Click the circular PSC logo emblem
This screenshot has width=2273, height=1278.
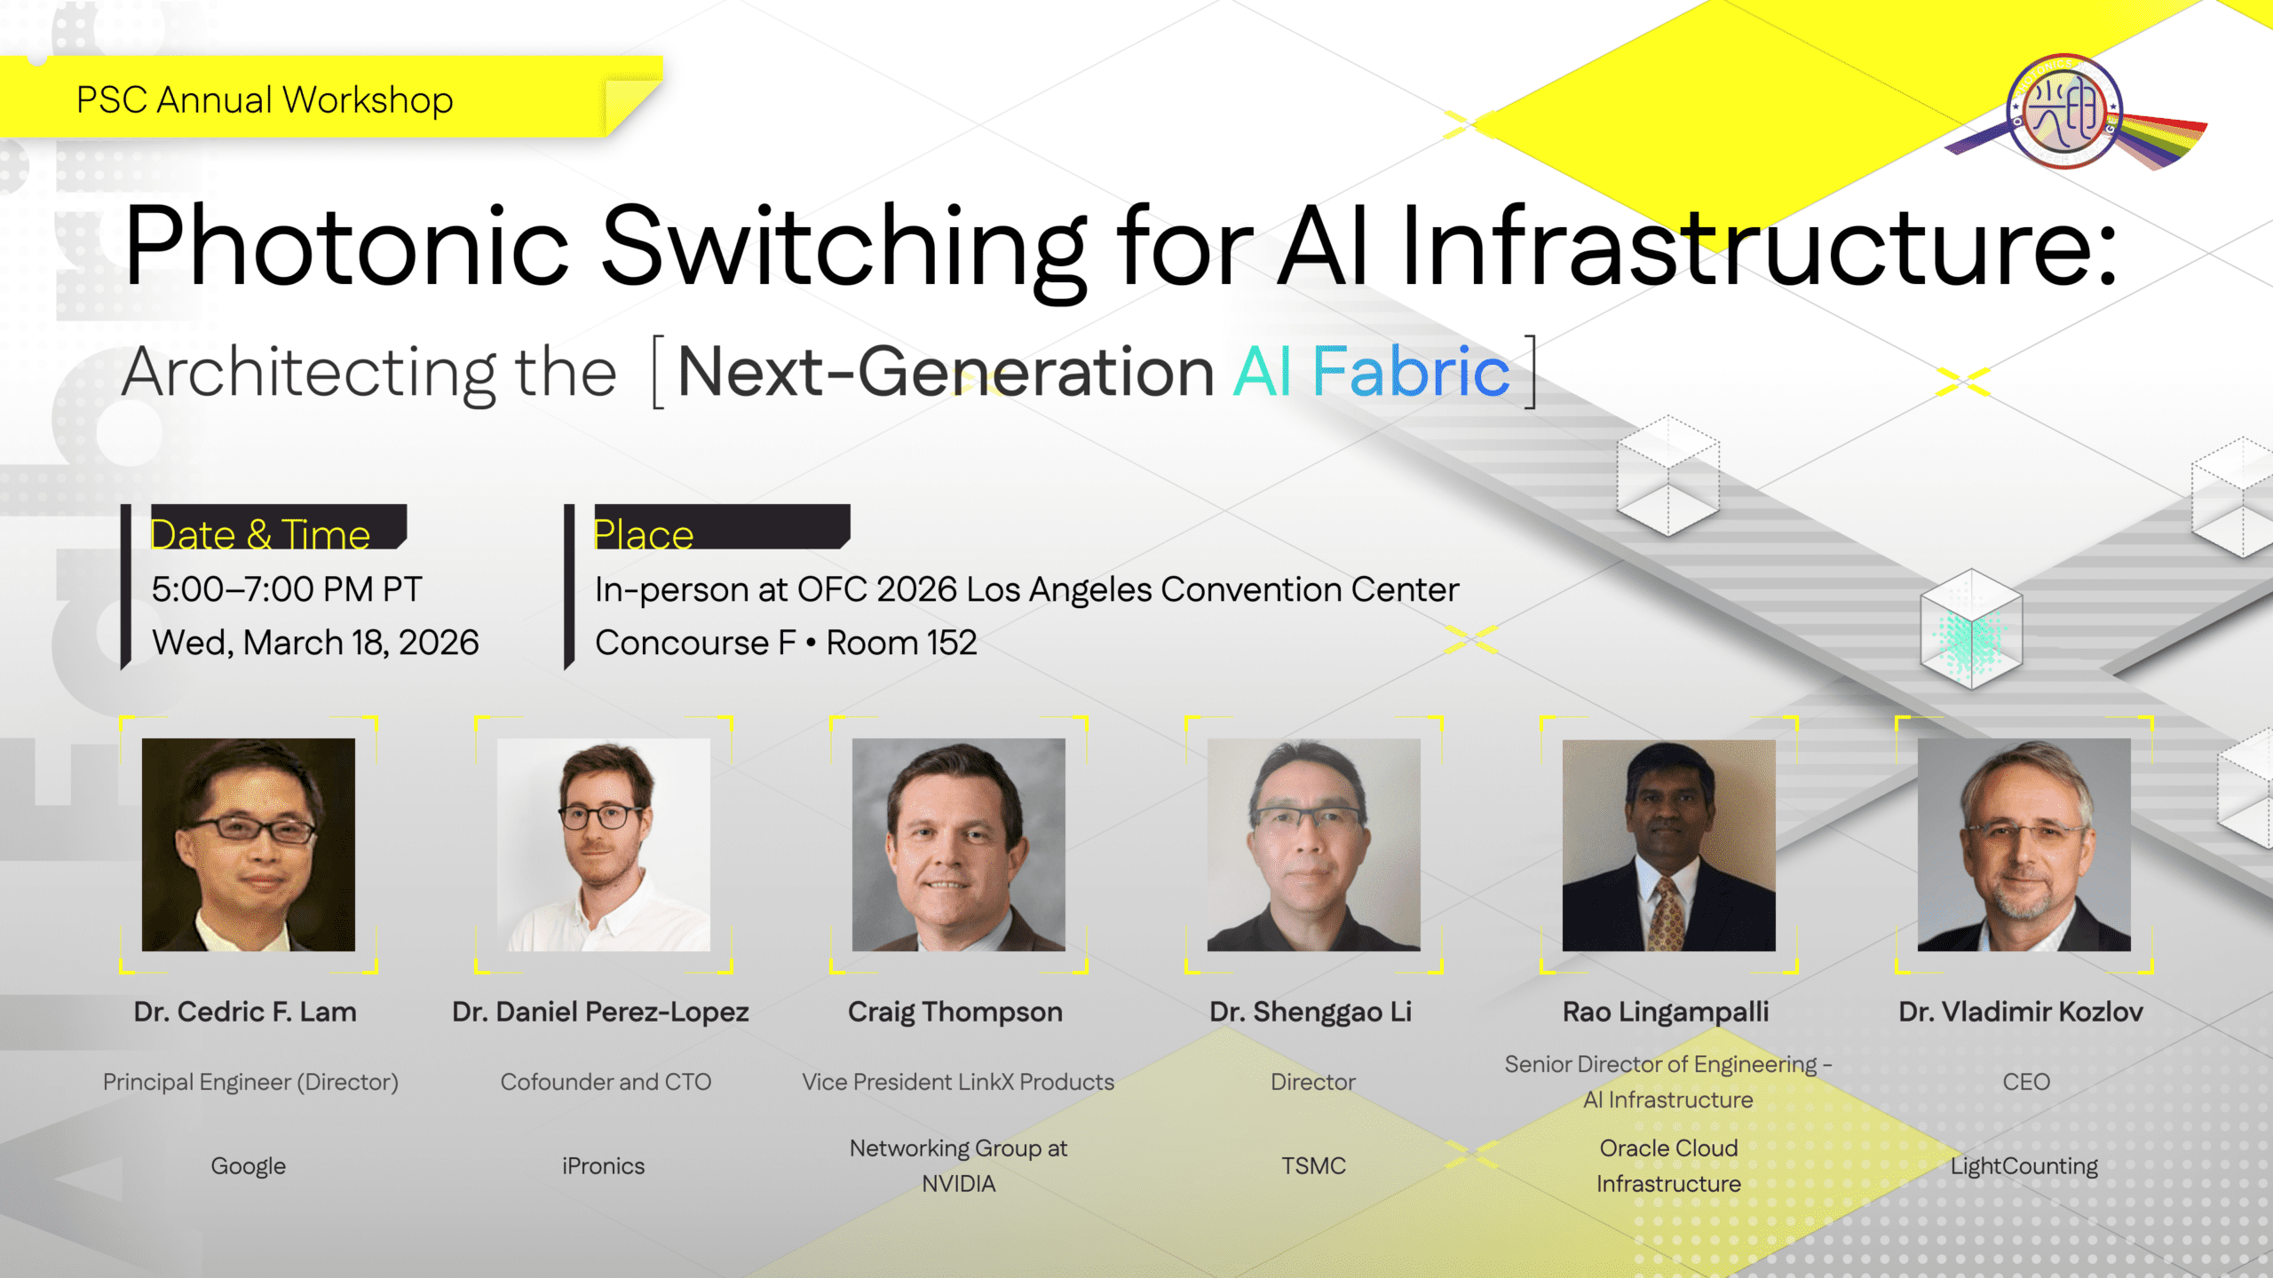2064,111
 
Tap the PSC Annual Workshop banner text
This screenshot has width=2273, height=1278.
265,100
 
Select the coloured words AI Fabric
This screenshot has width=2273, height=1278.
1371,371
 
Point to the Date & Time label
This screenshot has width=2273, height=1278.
260,534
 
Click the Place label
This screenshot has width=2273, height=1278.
643,534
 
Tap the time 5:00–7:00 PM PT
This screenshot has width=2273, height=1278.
287,589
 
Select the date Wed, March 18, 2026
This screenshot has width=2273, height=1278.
315,643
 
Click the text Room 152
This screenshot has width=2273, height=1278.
901,643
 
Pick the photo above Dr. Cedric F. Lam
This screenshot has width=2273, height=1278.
249,844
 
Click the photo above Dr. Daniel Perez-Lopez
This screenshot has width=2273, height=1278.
604,844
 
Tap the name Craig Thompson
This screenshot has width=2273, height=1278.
955,1012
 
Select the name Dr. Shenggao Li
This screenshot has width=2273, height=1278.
1311,1012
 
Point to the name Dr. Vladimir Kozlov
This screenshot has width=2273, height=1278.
2021,1012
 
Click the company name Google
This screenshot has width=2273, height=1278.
249,1166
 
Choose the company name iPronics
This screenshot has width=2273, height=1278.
604,1166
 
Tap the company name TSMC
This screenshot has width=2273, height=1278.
1313,1166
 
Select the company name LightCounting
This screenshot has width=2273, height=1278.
2024,1166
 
